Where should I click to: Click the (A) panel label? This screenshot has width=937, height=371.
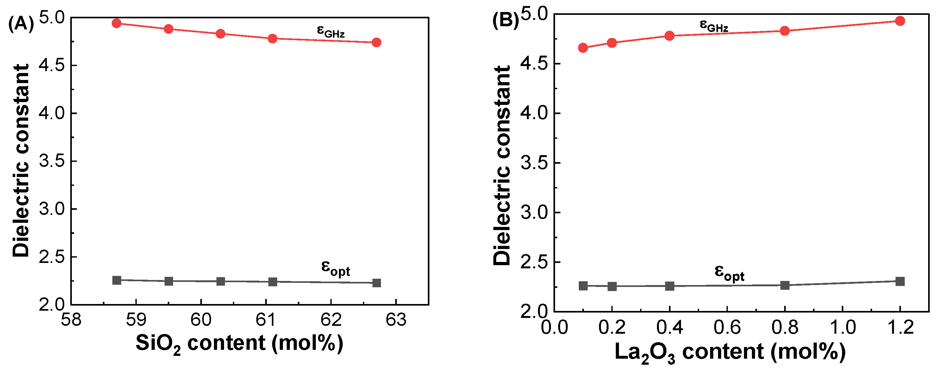point(21,25)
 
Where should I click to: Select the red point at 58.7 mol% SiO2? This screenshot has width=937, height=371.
point(116,23)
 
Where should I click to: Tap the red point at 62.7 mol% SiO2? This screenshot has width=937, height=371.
point(377,43)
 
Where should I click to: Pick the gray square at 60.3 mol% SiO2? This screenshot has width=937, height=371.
point(221,281)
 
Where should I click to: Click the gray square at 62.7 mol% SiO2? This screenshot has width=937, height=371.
point(377,283)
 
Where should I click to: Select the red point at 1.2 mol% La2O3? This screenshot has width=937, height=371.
point(900,21)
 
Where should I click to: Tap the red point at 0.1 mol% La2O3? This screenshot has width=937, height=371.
point(583,48)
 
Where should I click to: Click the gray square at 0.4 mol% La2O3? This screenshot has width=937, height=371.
point(670,286)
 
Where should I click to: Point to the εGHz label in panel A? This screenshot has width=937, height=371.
point(330,31)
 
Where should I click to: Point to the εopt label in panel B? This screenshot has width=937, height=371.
point(729,273)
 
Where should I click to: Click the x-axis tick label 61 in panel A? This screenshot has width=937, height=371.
point(266,320)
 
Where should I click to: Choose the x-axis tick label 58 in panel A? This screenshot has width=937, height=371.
point(71,320)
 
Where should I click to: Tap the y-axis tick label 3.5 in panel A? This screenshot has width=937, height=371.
point(52,161)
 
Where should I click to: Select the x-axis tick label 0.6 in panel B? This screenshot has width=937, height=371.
point(727,327)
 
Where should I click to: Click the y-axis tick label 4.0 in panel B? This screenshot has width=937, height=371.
point(534,113)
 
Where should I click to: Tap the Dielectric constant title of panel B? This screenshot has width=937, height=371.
point(502,165)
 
